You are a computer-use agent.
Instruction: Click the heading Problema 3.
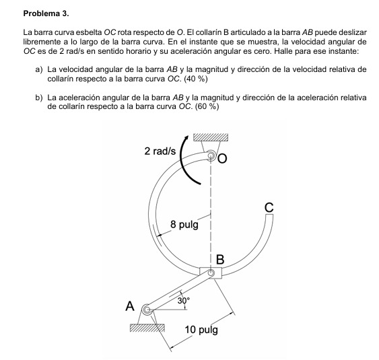(46, 13)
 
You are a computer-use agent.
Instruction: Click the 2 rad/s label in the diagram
(160, 151)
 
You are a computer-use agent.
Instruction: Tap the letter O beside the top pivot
(223, 159)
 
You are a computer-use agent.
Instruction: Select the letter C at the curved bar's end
(269, 208)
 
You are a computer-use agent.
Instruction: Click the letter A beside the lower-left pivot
(131, 306)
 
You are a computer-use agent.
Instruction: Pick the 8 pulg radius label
(184, 224)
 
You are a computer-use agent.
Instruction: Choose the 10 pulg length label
(202, 330)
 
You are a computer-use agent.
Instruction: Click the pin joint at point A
(146, 310)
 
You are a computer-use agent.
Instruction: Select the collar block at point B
(211, 273)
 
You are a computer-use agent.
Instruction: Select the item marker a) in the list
(38, 69)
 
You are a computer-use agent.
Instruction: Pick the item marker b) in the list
(38, 98)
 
